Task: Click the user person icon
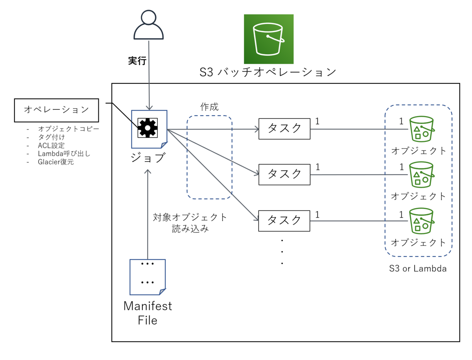pos(149,25)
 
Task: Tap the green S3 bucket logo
pos(269,39)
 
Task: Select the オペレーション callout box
pos(57,110)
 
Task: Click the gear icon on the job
pos(147,127)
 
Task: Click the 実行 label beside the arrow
pos(137,61)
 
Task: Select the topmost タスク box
pos(284,128)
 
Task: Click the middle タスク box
pos(284,174)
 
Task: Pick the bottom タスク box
pos(284,221)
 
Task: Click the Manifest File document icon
pos(147,277)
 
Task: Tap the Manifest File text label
pos(147,313)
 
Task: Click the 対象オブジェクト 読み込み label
pos(190,223)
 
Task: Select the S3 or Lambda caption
pos(418,269)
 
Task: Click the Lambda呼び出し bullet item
pos(64,153)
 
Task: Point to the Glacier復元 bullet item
pos(56,162)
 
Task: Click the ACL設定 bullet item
pos(52,145)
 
